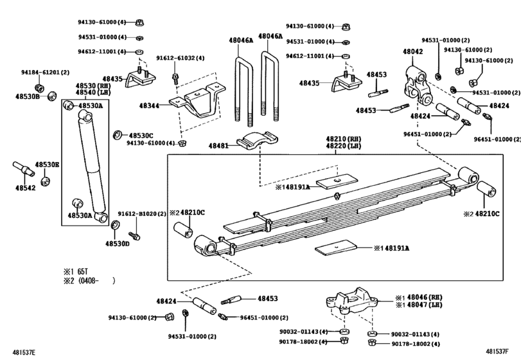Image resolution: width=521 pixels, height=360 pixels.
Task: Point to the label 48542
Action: coord(26,188)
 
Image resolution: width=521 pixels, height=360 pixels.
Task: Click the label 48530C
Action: coord(141,136)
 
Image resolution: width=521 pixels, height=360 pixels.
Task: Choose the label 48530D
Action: coord(118,244)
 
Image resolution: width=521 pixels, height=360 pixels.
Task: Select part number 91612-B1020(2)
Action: coord(142,213)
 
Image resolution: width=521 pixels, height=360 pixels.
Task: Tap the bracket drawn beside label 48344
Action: coord(196,105)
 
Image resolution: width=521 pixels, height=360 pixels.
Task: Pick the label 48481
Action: coord(218,146)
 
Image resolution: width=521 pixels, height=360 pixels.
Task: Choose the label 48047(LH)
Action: coord(420,305)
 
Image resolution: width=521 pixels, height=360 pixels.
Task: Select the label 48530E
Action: coord(47,165)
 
